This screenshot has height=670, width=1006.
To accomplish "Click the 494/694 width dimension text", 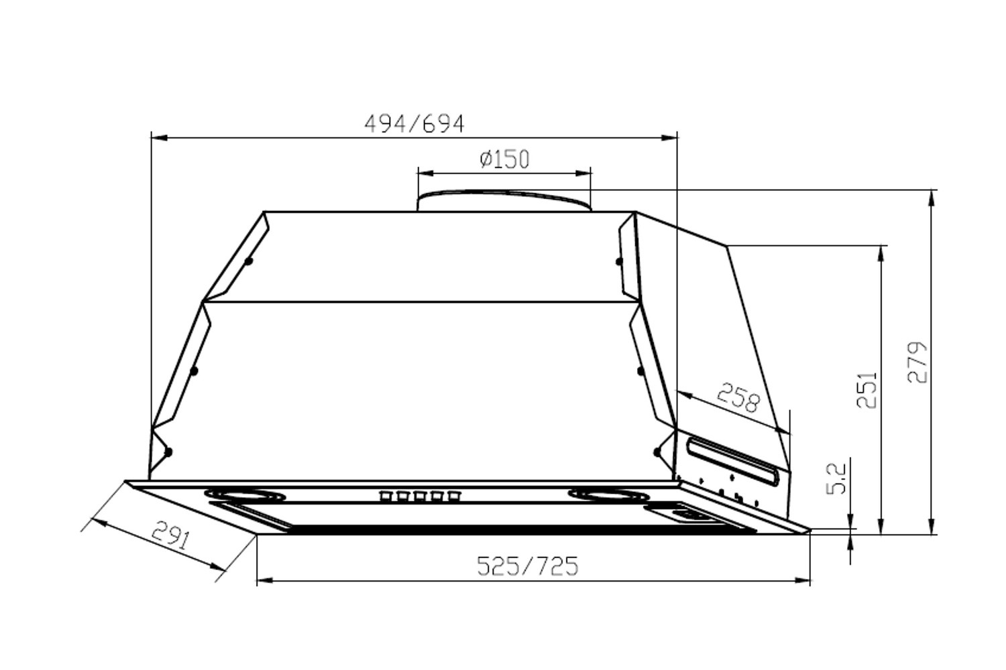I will (414, 124).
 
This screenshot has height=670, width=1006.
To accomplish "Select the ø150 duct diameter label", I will (504, 159).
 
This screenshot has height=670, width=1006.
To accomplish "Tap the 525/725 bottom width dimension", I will (527, 566).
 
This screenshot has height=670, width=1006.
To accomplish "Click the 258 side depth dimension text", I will (738, 397).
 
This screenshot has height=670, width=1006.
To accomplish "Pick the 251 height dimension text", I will (867, 390).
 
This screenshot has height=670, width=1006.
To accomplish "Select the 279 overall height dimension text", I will (917, 362).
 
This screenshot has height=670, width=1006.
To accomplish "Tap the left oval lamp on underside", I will (249, 495).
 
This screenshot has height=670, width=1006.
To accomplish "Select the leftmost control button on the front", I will (386, 496).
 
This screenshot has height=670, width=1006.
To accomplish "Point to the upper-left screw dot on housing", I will (248, 261).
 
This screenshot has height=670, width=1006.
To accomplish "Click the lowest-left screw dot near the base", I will (168, 452).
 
